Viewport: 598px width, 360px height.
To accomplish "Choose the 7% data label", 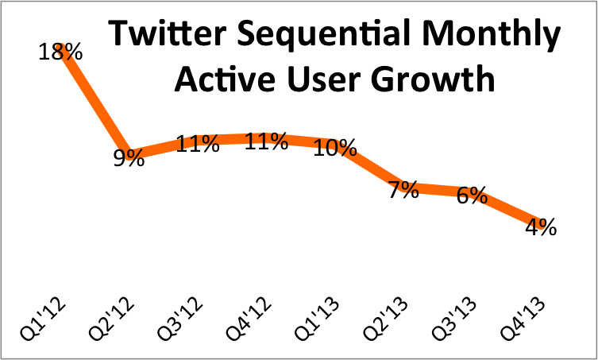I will [403, 190].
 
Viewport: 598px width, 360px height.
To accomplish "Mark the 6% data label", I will [472, 195].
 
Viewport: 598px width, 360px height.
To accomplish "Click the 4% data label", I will [540, 226].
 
